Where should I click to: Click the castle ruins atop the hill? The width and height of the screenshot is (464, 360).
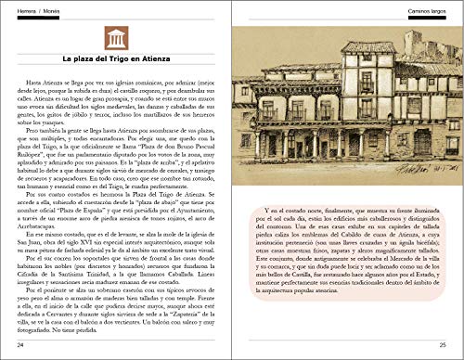(414, 45)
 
